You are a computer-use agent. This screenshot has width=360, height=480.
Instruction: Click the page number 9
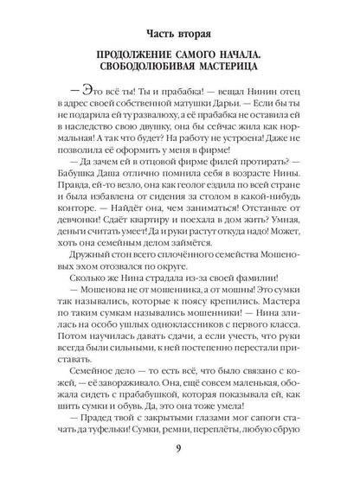pyautogui.click(x=179, y=448)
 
